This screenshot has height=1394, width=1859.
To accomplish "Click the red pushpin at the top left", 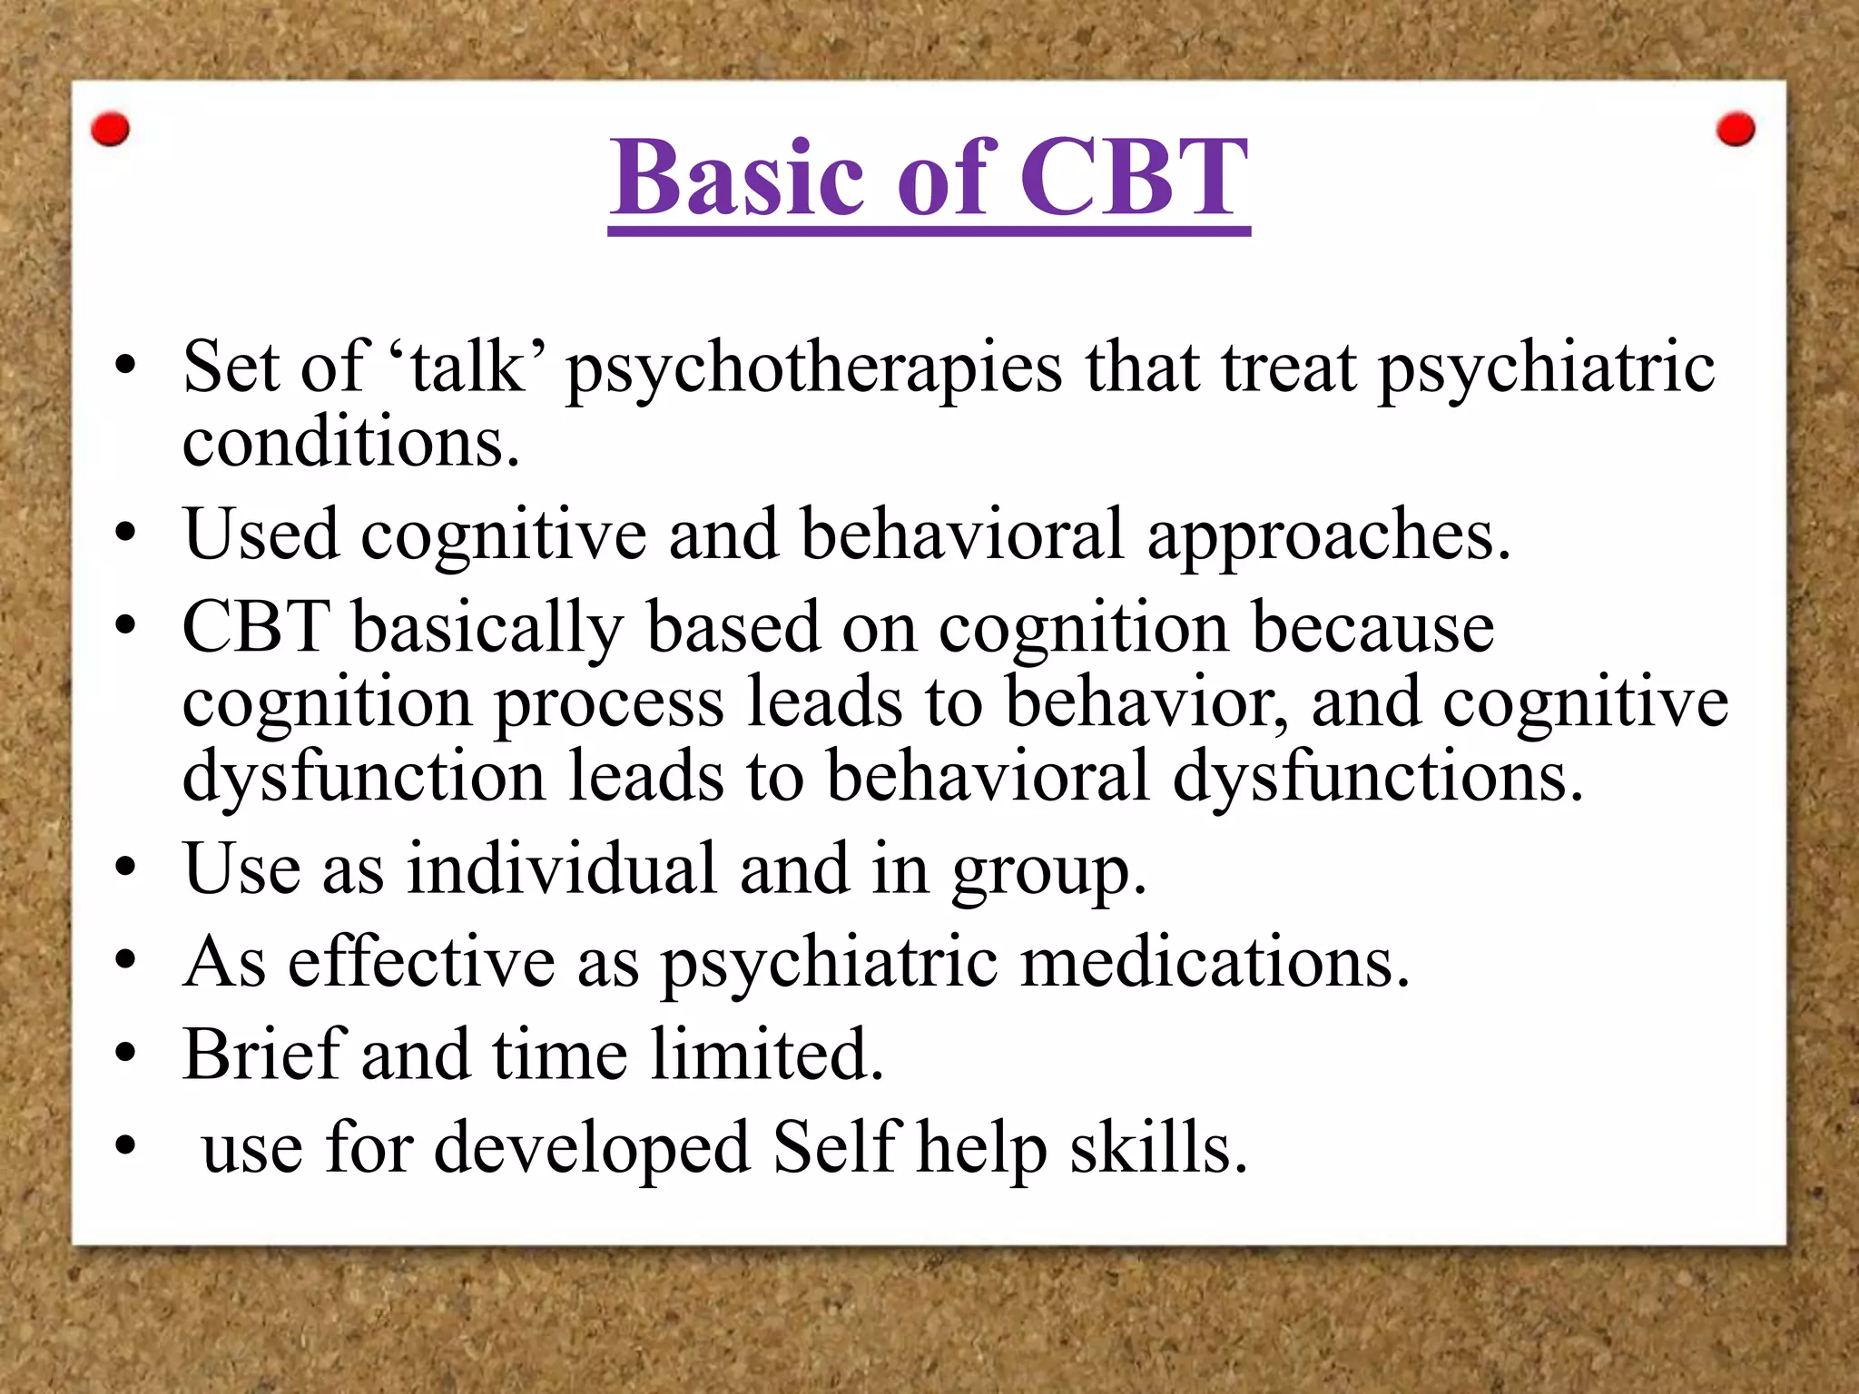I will (111, 130).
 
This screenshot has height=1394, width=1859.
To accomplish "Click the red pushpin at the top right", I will (1736, 130).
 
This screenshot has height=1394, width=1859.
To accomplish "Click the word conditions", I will (350, 442).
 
